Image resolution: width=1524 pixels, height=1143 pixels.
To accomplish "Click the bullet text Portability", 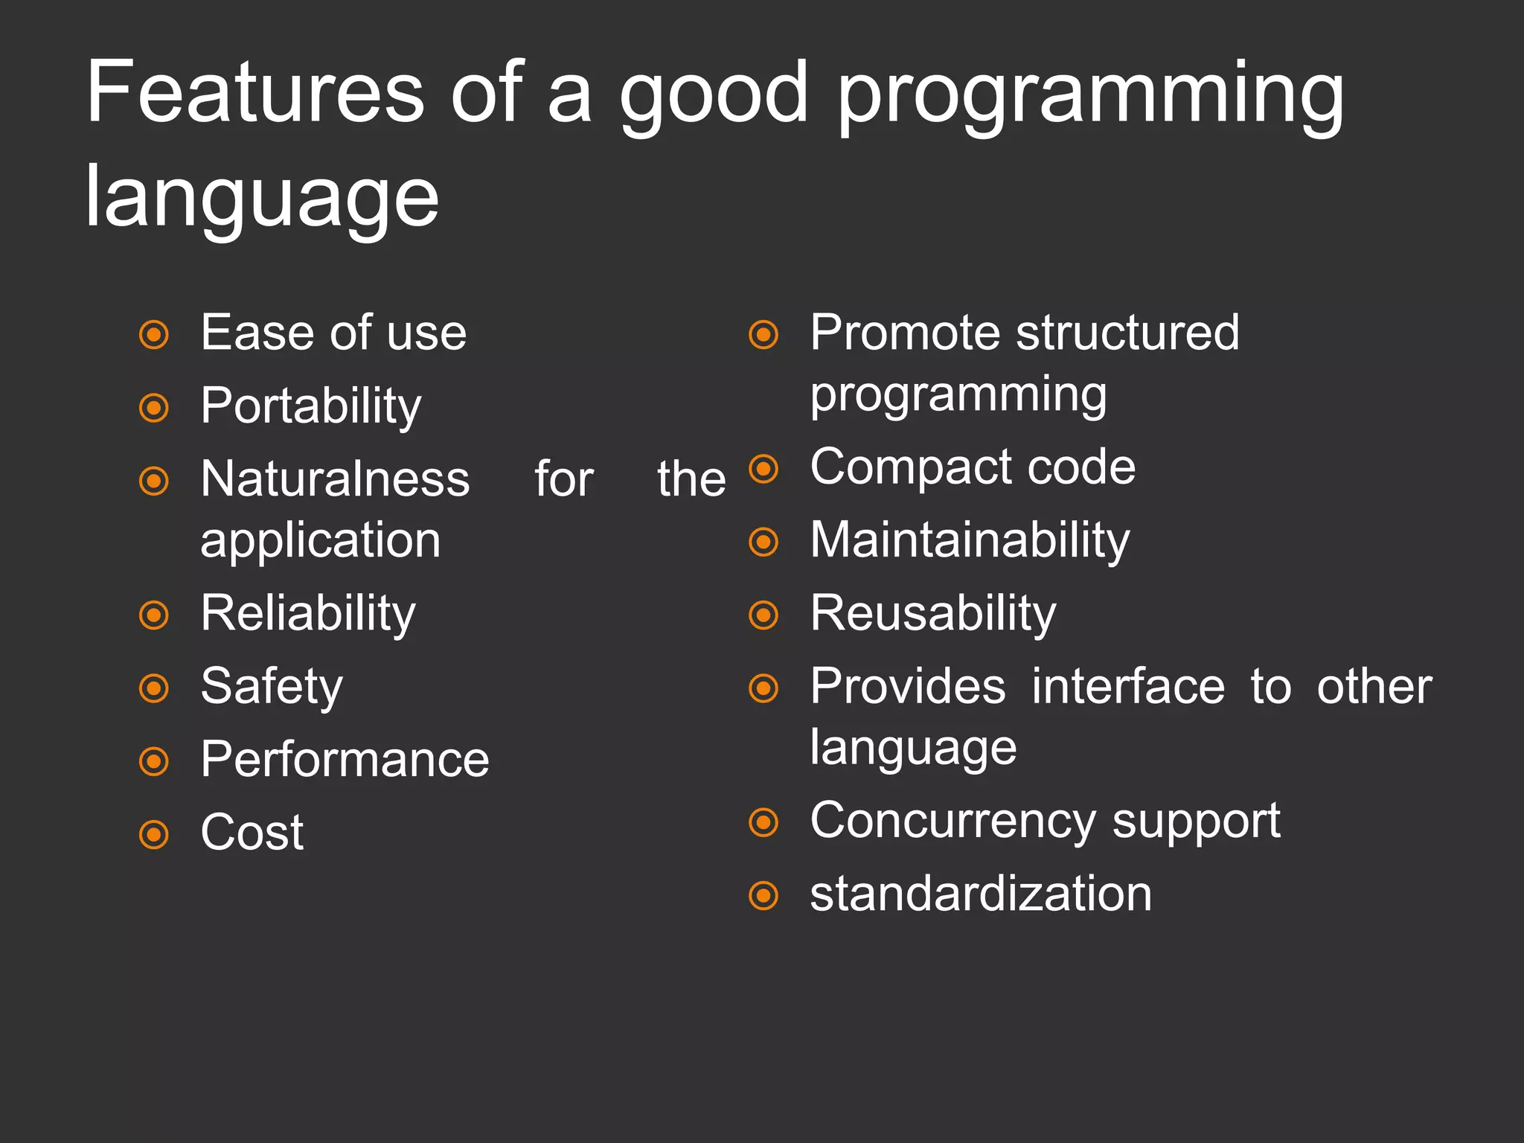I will pyautogui.click(x=310, y=407).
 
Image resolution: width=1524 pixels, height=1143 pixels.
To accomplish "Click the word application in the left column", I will pyautogui.click(x=320, y=541).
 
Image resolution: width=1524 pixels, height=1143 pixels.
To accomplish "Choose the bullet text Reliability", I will pyautogui.click(x=307, y=614).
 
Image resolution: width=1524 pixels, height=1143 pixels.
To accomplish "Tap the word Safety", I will pyautogui.click(x=272, y=687).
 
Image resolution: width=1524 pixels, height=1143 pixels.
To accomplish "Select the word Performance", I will pyautogui.click(x=345, y=760).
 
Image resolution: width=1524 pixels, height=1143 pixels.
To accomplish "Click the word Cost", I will pyautogui.click(x=252, y=832).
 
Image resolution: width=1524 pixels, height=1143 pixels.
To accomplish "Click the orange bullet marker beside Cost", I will pyautogui.click(x=154, y=834).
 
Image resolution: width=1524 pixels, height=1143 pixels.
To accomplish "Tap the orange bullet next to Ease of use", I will pyautogui.click(x=154, y=334).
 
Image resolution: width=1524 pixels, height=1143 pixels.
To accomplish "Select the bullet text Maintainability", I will pyautogui.click(x=970, y=540).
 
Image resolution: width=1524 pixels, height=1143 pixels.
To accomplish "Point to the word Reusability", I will pyautogui.click(x=933, y=614).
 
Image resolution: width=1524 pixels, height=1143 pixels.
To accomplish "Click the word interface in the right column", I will pyautogui.click(x=1127, y=686).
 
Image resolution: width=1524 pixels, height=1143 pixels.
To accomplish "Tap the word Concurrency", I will pyautogui.click(x=952, y=822).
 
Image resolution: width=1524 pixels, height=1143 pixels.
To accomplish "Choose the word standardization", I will pyautogui.click(x=980, y=894).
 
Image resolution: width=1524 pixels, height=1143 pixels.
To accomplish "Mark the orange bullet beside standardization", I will pyautogui.click(x=763, y=895).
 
